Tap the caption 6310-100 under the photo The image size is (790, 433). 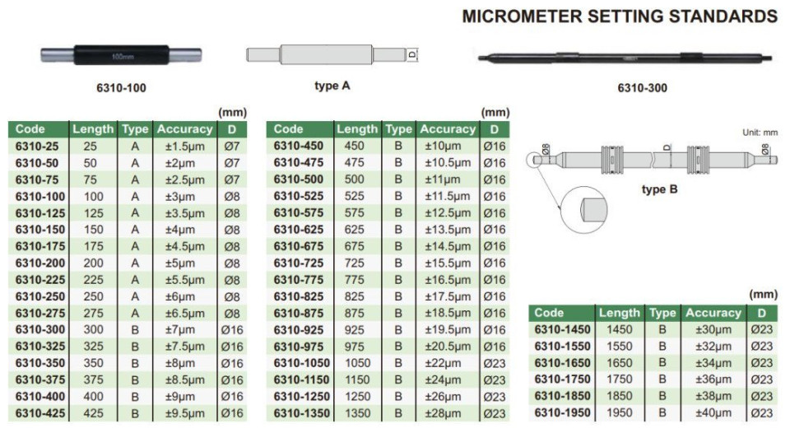pos(121,88)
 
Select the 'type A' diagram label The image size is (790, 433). pos(332,86)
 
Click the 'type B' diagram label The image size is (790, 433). pos(659,189)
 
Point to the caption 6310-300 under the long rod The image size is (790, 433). pos(643,88)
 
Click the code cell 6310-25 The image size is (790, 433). pos(37,147)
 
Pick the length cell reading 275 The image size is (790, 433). pos(93,313)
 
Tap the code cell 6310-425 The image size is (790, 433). pos(40,413)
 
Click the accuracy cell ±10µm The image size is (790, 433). pos(443,147)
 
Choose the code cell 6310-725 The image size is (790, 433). pos(299,263)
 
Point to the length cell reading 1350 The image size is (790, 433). pos(358,413)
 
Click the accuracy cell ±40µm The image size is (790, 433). pos(713,413)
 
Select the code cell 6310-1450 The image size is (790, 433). pos(562,329)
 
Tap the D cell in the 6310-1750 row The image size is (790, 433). pos(762,379)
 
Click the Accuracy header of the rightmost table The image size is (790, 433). pos(713,313)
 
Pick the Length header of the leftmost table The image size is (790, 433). pos(93,129)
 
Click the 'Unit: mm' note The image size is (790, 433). pos(760,133)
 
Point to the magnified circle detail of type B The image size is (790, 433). pos(584,210)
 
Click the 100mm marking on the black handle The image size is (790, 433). pos(122,57)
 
